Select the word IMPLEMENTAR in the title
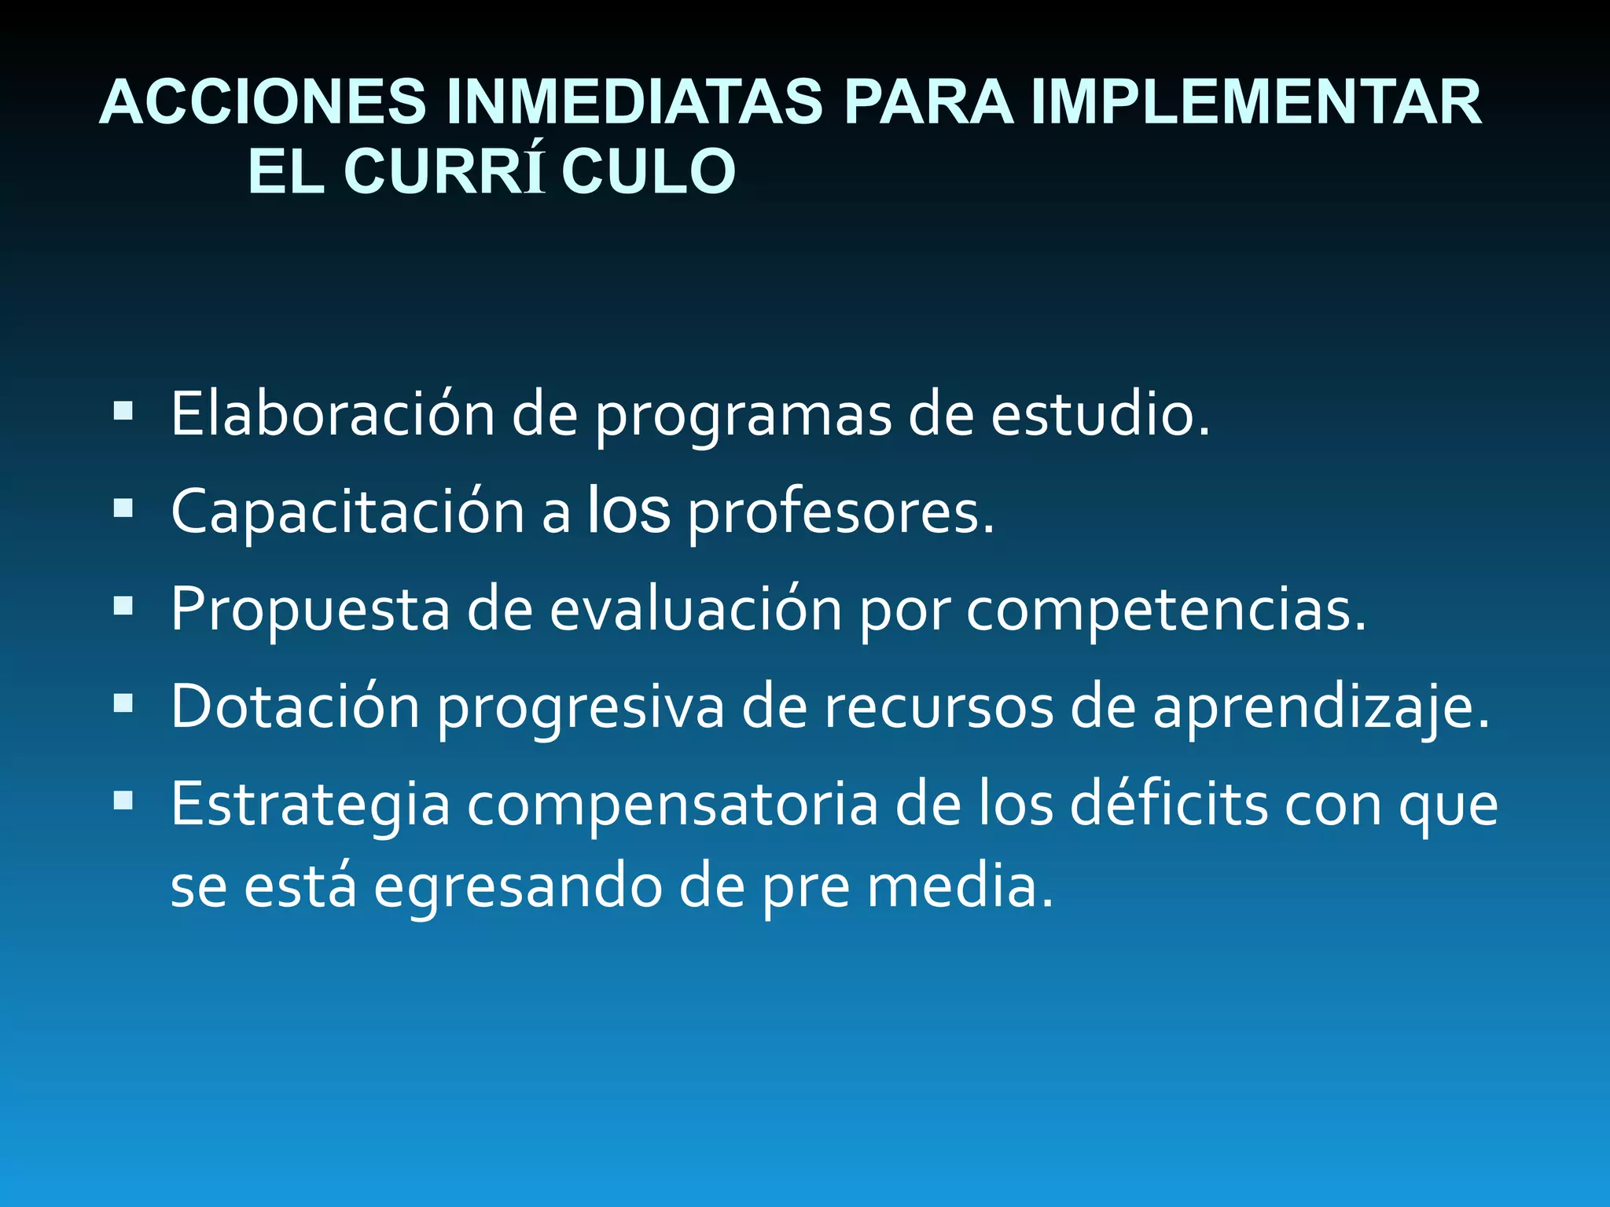1255,102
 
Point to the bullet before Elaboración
123,410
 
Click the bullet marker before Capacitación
123,508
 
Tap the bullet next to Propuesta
123,606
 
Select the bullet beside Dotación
123,703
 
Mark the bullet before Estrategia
123,801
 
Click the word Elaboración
333,414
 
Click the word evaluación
695,610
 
